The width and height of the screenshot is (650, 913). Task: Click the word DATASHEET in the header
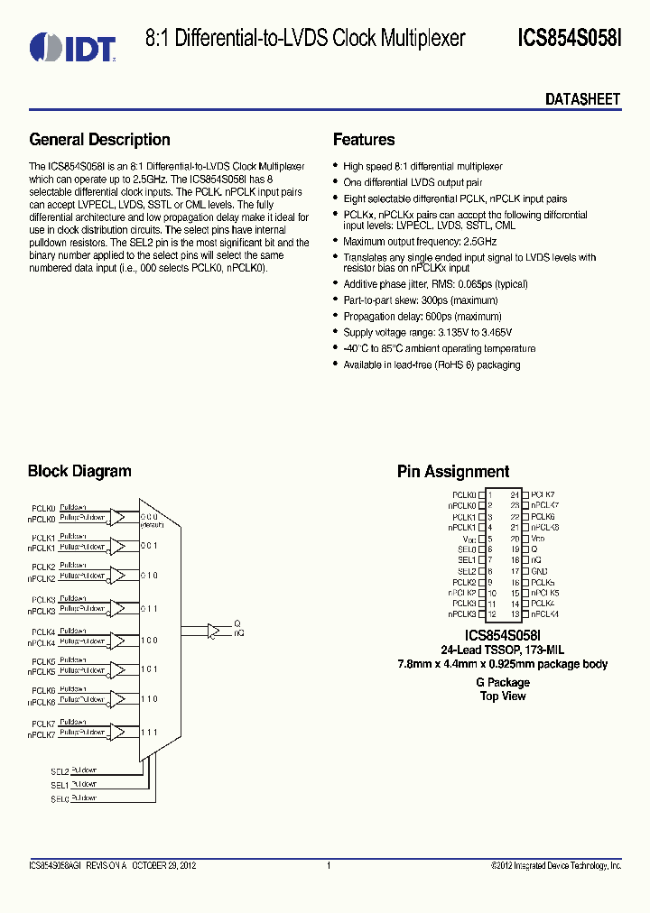coord(582,99)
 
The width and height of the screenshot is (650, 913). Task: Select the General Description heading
coord(99,140)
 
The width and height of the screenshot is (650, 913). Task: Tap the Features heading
coord(364,140)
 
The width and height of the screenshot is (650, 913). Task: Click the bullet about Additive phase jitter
coord(435,284)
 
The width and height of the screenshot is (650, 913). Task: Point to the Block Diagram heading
coord(79,471)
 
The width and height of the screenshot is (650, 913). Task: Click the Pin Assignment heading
coord(453,472)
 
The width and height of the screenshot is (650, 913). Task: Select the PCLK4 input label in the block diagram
coord(43,632)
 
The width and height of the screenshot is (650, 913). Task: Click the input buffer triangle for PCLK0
coord(117,517)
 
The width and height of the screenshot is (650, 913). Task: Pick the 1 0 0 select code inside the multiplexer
coord(149,641)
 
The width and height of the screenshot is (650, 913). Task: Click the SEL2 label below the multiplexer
coord(60,772)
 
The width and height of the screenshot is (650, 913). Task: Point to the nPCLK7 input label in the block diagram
coord(42,736)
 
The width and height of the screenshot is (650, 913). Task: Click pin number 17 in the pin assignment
coord(515,571)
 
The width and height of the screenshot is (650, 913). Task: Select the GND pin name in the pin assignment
coord(540,571)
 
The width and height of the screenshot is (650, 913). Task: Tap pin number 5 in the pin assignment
coord(490,539)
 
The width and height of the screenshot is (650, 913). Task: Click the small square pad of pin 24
coord(525,495)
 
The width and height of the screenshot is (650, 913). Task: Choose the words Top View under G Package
coord(503,696)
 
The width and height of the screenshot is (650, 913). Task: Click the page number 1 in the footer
coord(329,866)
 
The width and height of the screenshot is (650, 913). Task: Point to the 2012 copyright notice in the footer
coord(556,866)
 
